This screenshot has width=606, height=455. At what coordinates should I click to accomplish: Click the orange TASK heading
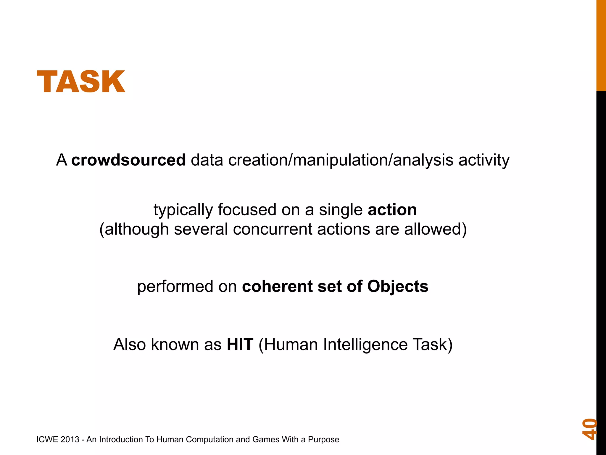81,81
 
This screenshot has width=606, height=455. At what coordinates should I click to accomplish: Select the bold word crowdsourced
128,160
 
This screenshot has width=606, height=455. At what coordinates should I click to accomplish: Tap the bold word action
392,210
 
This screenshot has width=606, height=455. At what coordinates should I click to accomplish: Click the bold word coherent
277,286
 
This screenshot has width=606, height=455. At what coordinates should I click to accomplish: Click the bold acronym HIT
240,345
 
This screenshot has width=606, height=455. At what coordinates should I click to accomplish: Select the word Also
129,345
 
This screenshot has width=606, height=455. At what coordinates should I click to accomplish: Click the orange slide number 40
589,429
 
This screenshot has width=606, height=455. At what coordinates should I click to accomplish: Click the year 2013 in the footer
70,440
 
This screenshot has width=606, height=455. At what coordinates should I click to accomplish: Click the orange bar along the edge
601,44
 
